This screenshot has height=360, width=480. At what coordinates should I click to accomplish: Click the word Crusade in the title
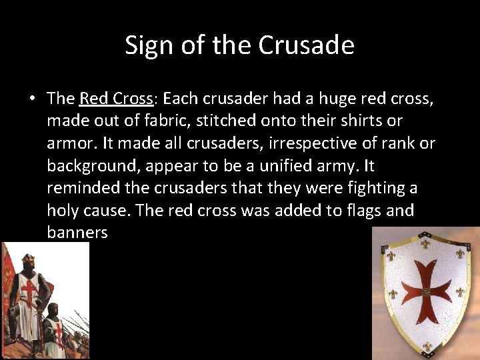tap(306, 45)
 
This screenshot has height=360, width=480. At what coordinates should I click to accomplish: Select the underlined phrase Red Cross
tap(116, 99)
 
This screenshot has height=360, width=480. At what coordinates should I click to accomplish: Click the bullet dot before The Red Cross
tap(32, 99)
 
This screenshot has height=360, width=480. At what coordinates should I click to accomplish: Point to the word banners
tap(77, 233)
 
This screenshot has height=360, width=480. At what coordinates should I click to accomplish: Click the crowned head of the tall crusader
tap(28, 263)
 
